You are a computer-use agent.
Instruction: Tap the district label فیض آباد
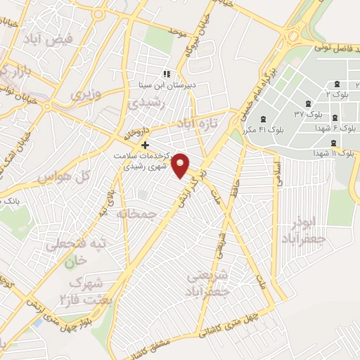69,40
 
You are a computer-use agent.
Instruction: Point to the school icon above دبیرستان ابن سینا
167,74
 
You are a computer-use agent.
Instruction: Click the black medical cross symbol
146,145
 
